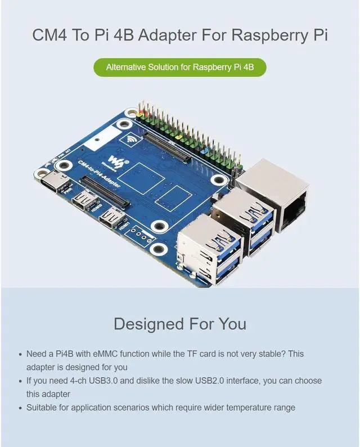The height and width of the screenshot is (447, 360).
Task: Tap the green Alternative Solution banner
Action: tap(180, 67)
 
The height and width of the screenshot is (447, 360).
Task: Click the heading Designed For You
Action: tap(180, 324)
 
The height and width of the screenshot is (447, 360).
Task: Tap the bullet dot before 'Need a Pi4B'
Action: tap(21, 355)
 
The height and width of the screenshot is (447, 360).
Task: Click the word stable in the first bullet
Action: tap(271, 354)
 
